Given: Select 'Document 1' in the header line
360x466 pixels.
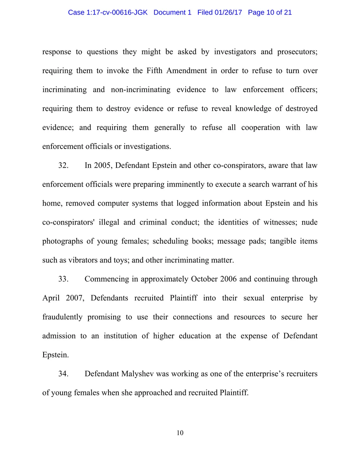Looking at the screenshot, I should pos(172,12).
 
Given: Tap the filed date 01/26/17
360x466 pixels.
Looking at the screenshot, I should pos(228,12).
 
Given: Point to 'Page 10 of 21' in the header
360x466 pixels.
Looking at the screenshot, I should pos(270,12).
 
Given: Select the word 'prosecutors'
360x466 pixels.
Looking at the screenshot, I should pos(297,52).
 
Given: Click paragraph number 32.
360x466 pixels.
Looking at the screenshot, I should pos(63,165).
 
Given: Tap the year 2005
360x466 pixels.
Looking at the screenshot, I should pos(103,165).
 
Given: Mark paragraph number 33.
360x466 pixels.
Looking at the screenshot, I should pos(63,279).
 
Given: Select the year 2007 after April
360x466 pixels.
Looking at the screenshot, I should pos(75,298).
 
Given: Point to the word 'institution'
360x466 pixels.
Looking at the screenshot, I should pos(120,336).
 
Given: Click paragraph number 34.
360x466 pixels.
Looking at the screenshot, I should pos(63,374).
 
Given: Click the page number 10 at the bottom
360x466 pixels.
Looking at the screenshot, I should pos(180,433).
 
